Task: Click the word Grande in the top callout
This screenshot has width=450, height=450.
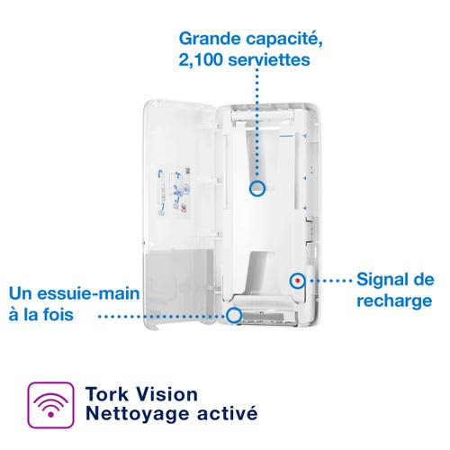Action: click(211, 39)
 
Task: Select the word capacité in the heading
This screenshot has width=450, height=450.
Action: click(284, 39)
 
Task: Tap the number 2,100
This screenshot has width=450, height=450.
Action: click(201, 59)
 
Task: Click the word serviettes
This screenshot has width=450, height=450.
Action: click(269, 59)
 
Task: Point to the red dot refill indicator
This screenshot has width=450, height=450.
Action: click(298, 281)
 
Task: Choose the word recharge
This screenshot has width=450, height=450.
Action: click(394, 301)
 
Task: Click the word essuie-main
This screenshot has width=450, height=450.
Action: click(88, 293)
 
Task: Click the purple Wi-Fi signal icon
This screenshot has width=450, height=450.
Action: click(50, 405)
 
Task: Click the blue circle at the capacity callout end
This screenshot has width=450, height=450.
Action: click(257, 188)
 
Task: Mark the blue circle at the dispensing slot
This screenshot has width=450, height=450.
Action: click(234, 315)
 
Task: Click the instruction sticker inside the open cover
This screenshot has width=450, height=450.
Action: click(175, 193)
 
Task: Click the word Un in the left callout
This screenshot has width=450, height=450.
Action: click(21, 293)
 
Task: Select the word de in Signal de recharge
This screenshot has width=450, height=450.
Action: click(422, 280)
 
